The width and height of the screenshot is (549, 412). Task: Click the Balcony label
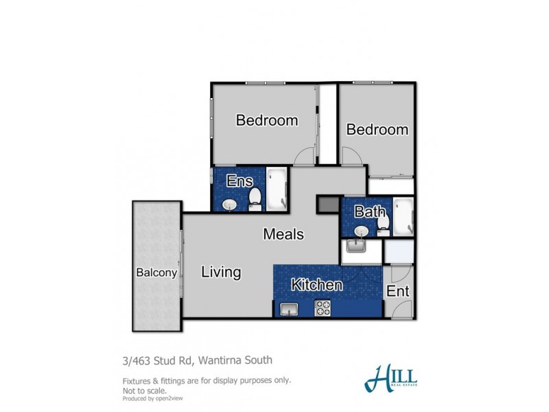(x=156, y=272)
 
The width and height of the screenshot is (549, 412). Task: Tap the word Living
(x=221, y=272)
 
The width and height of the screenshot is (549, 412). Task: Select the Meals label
(x=283, y=234)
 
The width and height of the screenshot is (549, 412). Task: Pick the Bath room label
(x=369, y=212)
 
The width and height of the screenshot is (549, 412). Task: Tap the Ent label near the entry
(x=398, y=291)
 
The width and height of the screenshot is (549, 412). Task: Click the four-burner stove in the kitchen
(x=323, y=308)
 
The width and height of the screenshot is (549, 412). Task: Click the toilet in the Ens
(x=255, y=199)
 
